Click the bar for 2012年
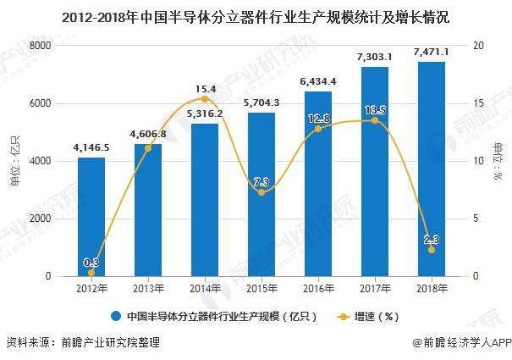(91, 217)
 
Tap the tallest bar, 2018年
(432, 169)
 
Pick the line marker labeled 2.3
(432, 250)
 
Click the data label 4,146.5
(91, 148)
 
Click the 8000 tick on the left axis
(38, 46)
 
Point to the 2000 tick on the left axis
(38, 219)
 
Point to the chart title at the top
(256, 15)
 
